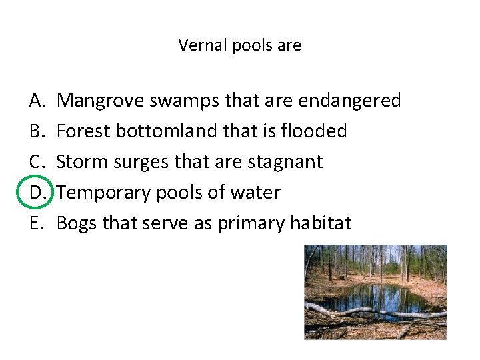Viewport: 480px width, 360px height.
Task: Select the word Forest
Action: pos(84,131)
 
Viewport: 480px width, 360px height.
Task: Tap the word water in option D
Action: pos(257,193)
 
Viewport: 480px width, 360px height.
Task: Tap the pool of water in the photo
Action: pos(373,297)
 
